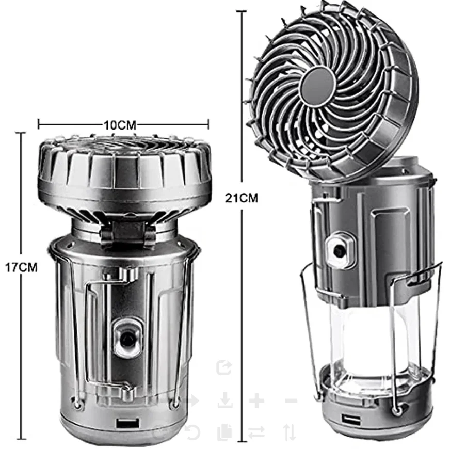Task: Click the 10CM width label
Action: [x=119, y=125]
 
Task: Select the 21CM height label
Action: [x=242, y=197]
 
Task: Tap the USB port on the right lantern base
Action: [x=347, y=417]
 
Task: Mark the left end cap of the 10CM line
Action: [x=39, y=124]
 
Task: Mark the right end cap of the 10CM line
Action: [x=208, y=124]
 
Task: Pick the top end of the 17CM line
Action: [x=21, y=133]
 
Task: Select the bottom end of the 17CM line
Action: [x=21, y=439]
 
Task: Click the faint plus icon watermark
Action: [x=256, y=400]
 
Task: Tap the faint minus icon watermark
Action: [x=291, y=400]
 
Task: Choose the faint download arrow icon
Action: [x=224, y=400]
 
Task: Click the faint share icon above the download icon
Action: [x=224, y=368]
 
